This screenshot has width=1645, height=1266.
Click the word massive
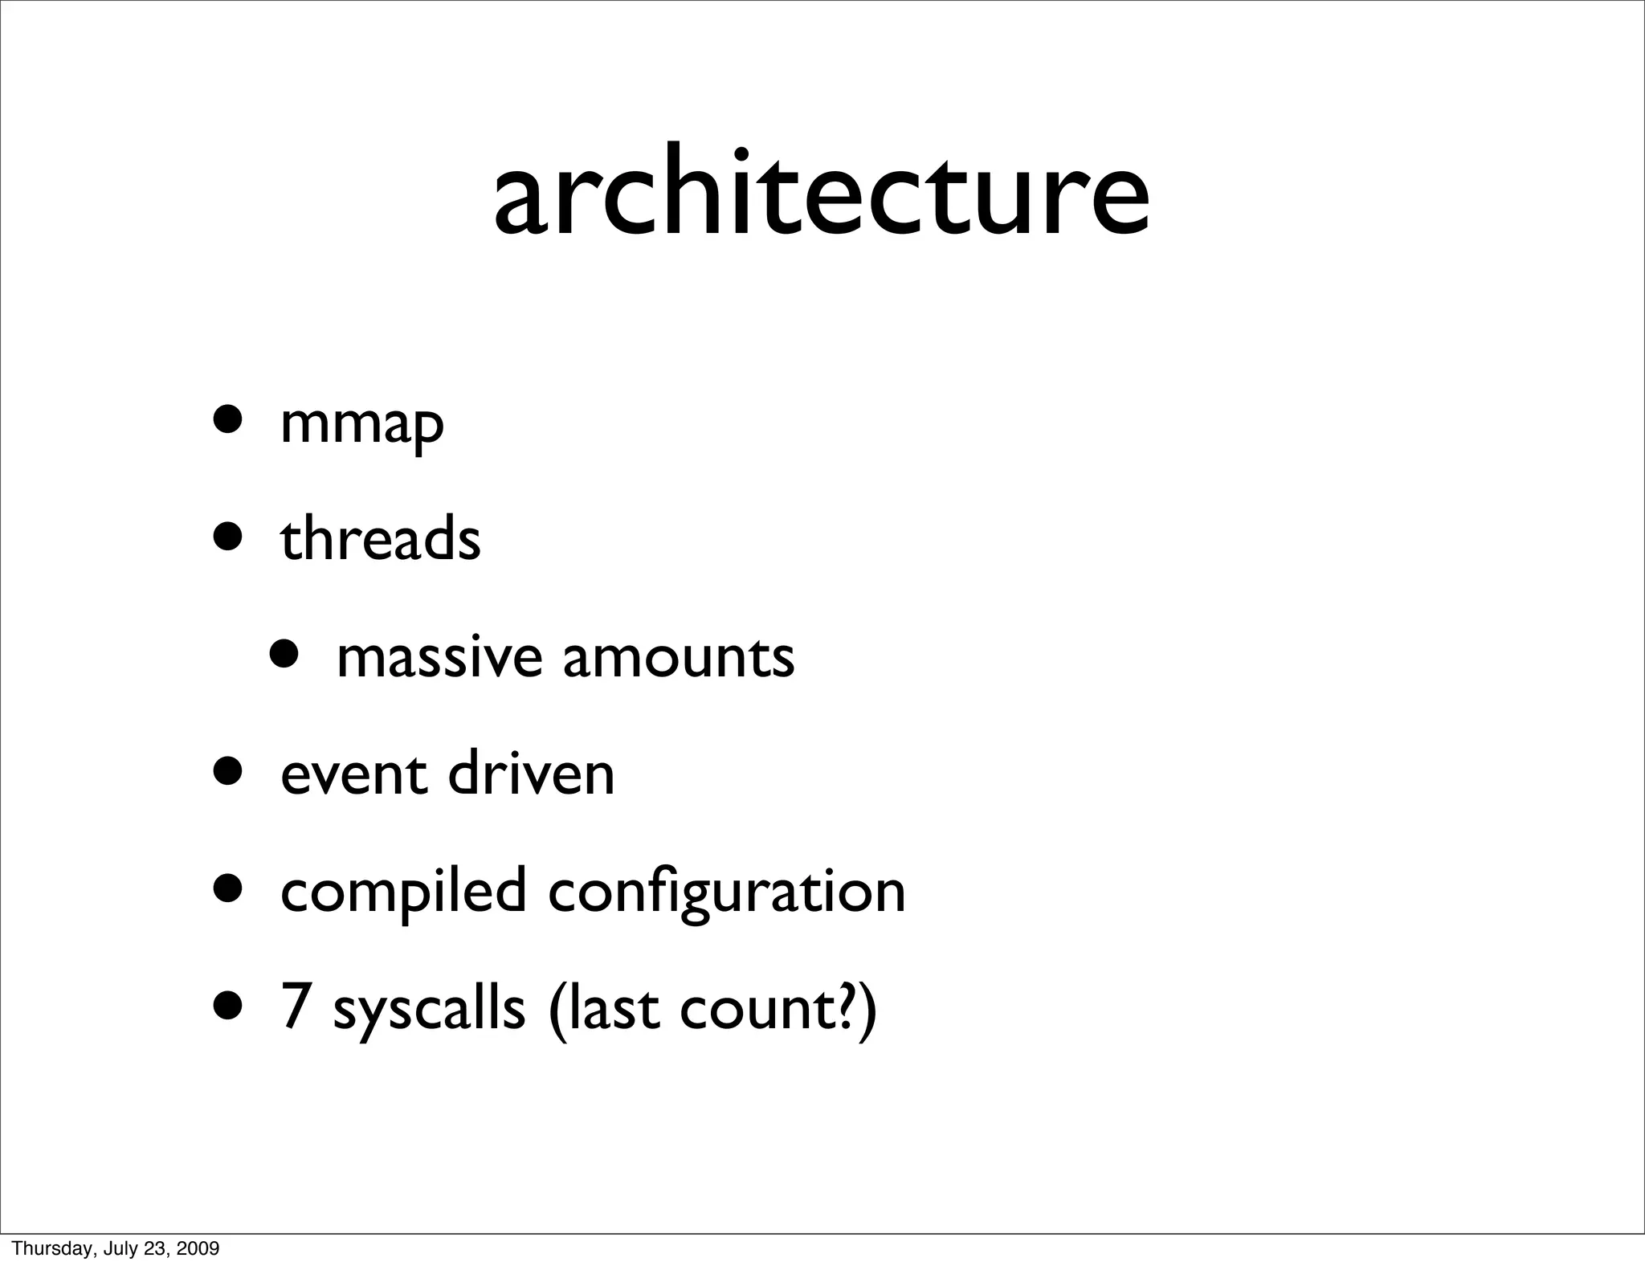click(439, 657)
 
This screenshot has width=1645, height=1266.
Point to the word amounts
click(679, 657)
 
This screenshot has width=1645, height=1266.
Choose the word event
click(353, 774)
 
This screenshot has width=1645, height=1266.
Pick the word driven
click(531, 774)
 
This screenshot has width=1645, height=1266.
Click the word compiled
click(403, 892)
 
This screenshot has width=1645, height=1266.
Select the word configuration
click(727, 892)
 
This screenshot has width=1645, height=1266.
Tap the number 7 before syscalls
click(295, 1008)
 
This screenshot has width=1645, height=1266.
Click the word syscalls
click(429, 1010)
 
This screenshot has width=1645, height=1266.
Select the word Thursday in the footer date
click(44, 1248)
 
